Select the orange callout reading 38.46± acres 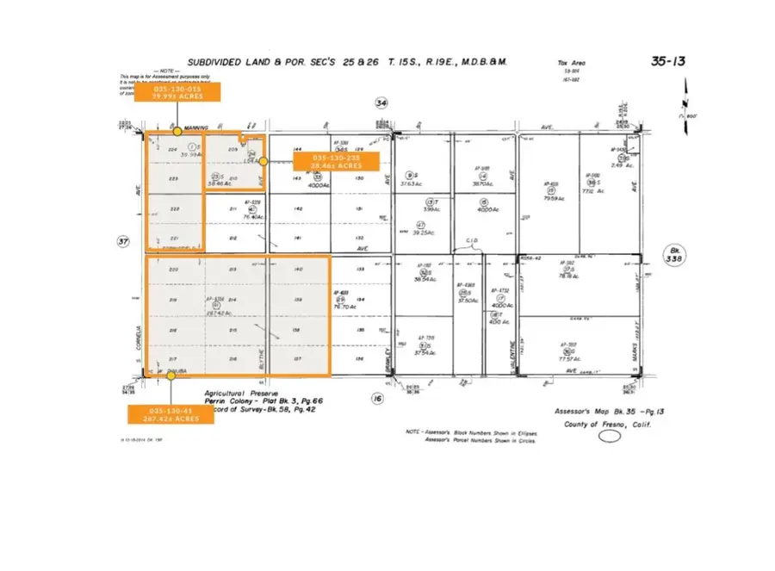332,161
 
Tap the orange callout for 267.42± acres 171,414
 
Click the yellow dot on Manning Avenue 177,131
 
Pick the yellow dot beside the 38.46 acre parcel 263,161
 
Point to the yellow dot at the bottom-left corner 146,375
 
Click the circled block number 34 381,102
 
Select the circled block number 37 122,243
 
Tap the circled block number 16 376,398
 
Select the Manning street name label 197,127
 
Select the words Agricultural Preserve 237,392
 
